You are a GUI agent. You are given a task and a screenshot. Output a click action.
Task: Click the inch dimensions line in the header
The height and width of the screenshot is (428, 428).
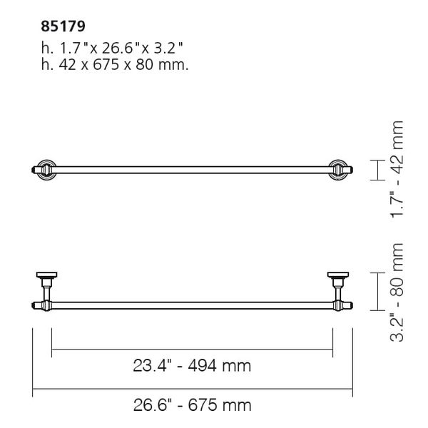[x=113, y=48]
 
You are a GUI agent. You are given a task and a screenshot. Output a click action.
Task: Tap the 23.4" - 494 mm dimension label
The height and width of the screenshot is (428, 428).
[x=192, y=367]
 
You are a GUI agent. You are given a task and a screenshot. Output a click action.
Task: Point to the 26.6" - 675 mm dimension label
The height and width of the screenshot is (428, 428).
[x=192, y=406]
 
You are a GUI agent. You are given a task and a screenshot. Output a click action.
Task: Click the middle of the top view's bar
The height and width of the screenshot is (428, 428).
[x=192, y=170]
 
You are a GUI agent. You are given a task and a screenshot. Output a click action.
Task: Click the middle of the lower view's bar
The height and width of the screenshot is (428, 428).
[x=192, y=307]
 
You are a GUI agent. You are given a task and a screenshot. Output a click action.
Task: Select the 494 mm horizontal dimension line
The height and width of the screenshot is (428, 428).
[x=192, y=349]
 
